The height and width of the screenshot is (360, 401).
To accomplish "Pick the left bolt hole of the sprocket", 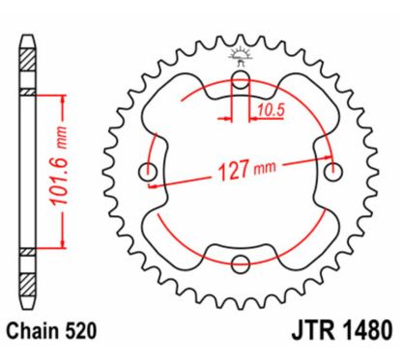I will [x=149, y=171].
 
